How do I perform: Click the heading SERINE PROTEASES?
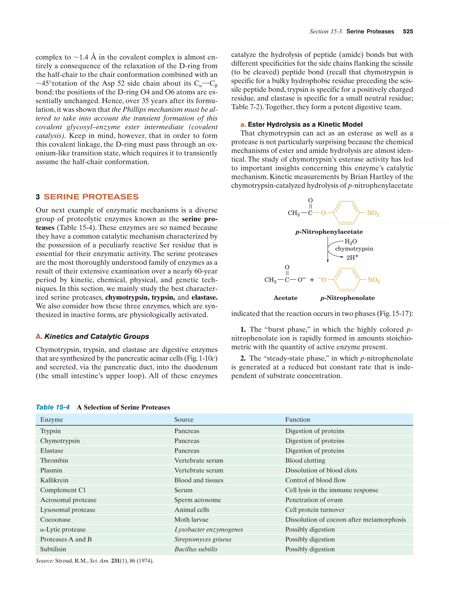(x=91, y=197)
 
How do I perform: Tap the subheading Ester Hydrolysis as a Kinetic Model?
(x=305, y=125)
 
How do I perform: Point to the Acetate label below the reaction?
(x=285, y=298)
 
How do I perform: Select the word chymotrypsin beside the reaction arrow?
(x=354, y=249)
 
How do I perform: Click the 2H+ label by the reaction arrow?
(x=352, y=257)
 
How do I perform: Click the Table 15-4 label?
(x=53, y=407)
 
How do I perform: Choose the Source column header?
(x=184, y=419)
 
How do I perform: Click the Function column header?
(x=298, y=419)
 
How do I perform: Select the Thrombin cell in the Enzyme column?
(x=54, y=460)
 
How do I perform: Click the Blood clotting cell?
(x=305, y=460)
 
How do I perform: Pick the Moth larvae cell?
(x=191, y=519)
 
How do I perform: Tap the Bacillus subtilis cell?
(x=196, y=549)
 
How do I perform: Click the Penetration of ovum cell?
(x=314, y=500)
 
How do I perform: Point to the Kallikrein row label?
(x=54, y=480)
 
